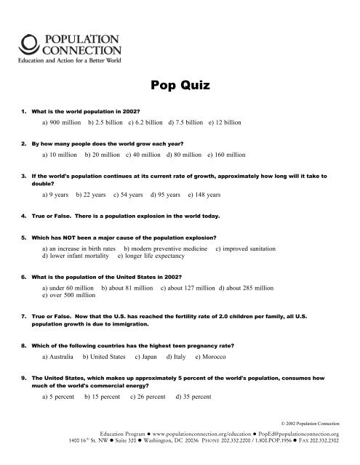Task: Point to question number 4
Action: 25,216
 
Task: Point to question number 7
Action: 25,316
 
